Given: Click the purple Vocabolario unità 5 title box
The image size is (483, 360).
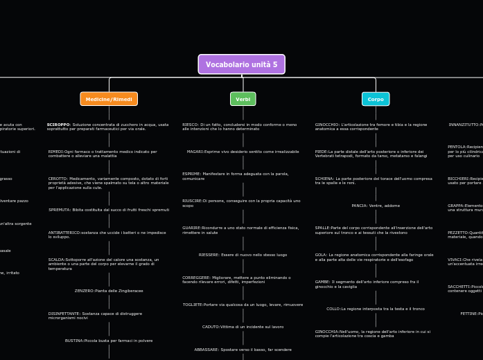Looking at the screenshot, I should click(x=241, y=64).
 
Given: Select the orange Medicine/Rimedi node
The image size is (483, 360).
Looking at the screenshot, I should click(x=109, y=99).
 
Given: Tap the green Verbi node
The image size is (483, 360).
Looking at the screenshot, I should click(x=243, y=99).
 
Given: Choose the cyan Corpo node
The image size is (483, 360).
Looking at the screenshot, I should click(x=376, y=99).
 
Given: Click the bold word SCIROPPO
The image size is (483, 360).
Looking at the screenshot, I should click(x=58, y=125).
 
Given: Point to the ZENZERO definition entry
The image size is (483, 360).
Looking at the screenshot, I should click(x=109, y=291).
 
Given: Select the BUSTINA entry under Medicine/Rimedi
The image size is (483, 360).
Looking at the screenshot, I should click(x=109, y=341).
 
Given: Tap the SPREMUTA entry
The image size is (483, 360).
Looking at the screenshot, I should click(x=109, y=210).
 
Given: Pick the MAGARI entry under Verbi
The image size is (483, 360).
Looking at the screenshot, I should click(x=243, y=152).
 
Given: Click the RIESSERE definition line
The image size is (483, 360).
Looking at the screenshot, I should click(x=243, y=255).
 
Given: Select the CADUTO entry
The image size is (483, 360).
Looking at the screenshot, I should click(x=243, y=327).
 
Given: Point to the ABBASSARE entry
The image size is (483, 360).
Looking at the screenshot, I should click(x=243, y=350).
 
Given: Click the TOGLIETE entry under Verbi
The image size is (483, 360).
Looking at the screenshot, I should click(x=243, y=305).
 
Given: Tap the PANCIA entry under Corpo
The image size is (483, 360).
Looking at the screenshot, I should click(x=376, y=206).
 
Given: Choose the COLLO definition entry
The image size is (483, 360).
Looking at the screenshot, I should click(x=376, y=309).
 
